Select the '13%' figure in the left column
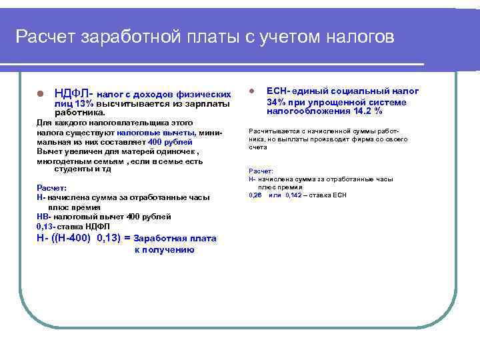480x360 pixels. [x=84, y=104]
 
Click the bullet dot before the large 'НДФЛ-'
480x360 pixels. [x=41, y=93]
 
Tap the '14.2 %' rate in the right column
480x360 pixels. [x=368, y=111]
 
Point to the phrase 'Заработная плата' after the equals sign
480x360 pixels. [x=175, y=238]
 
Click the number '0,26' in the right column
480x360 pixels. [x=255, y=195]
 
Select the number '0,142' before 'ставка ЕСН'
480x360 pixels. [x=293, y=195]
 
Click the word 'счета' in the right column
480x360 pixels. [x=257, y=147]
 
